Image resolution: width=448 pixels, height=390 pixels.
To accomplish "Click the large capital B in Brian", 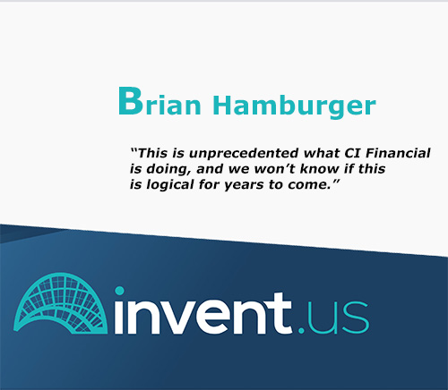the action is point(131,101).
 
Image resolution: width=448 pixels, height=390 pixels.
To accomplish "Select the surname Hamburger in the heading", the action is point(294,106).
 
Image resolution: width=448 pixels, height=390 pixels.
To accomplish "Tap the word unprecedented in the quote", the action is point(244,154).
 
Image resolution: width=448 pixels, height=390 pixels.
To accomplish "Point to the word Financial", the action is point(398,153).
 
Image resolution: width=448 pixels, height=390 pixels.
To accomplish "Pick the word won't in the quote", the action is point(275,169).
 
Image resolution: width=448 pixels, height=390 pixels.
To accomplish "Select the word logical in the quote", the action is point(170,185).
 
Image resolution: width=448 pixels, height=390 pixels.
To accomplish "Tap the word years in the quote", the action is point(244,186).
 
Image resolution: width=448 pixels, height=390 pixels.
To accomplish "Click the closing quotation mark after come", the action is point(336,182).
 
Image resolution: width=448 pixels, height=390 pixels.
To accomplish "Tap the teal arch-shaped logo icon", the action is point(60,303).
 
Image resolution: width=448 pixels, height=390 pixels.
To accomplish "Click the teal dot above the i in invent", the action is point(119,291).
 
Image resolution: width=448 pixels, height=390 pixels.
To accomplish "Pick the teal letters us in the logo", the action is point(338,318).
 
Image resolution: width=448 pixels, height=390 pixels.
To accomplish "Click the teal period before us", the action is point(301,331).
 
